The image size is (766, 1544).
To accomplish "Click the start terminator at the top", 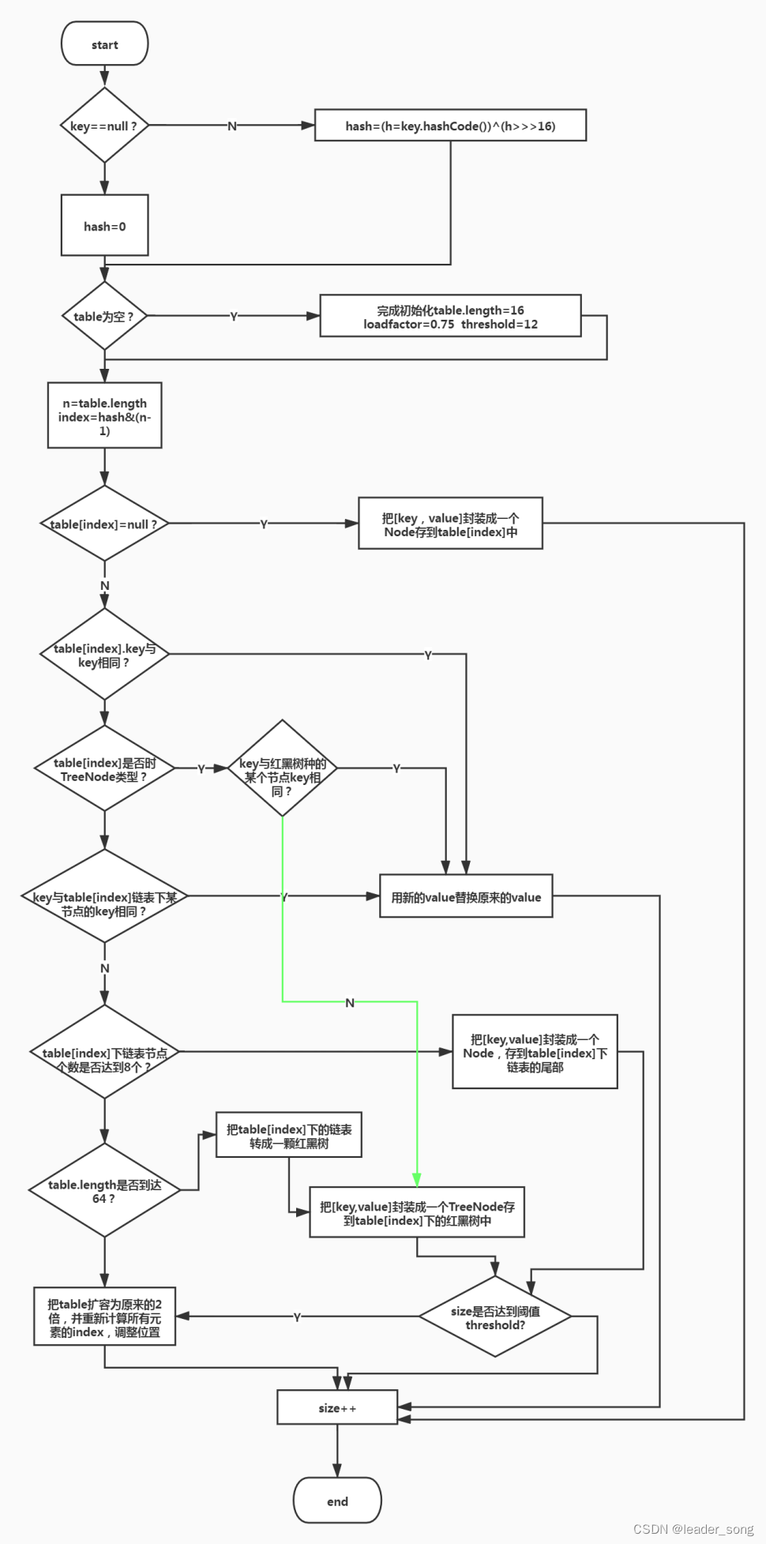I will click(104, 43).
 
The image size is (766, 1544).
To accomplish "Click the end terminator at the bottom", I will click(337, 1501).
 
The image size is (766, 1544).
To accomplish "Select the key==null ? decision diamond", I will click(104, 126).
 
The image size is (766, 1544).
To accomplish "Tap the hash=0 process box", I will click(104, 226).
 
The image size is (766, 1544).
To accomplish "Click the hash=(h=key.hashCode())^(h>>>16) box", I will click(450, 126).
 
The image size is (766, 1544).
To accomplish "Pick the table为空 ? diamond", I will click(104, 316).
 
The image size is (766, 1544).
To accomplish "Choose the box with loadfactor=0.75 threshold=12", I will click(450, 316).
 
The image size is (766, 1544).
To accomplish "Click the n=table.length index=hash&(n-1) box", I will click(104, 416).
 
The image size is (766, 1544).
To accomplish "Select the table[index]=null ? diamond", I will click(104, 524).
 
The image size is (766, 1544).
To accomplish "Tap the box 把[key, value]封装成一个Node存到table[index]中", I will click(450, 524).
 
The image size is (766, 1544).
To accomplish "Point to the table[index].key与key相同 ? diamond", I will click(104, 655).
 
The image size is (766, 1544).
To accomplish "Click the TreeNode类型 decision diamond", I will click(104, 768).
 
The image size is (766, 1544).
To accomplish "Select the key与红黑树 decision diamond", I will click(283, 768).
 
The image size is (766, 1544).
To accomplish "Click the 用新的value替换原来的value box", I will click(466, 896).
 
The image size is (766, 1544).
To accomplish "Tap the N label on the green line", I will click(350, 1003).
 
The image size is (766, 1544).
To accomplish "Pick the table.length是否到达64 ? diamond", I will click(104, 1190).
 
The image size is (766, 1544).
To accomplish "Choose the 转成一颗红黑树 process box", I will click(289, 1136).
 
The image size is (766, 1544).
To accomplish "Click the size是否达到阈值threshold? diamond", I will click(495, 1317).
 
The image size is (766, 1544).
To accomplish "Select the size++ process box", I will click(337, 1407).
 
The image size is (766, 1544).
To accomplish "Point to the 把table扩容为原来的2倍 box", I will click(104, 1317).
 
